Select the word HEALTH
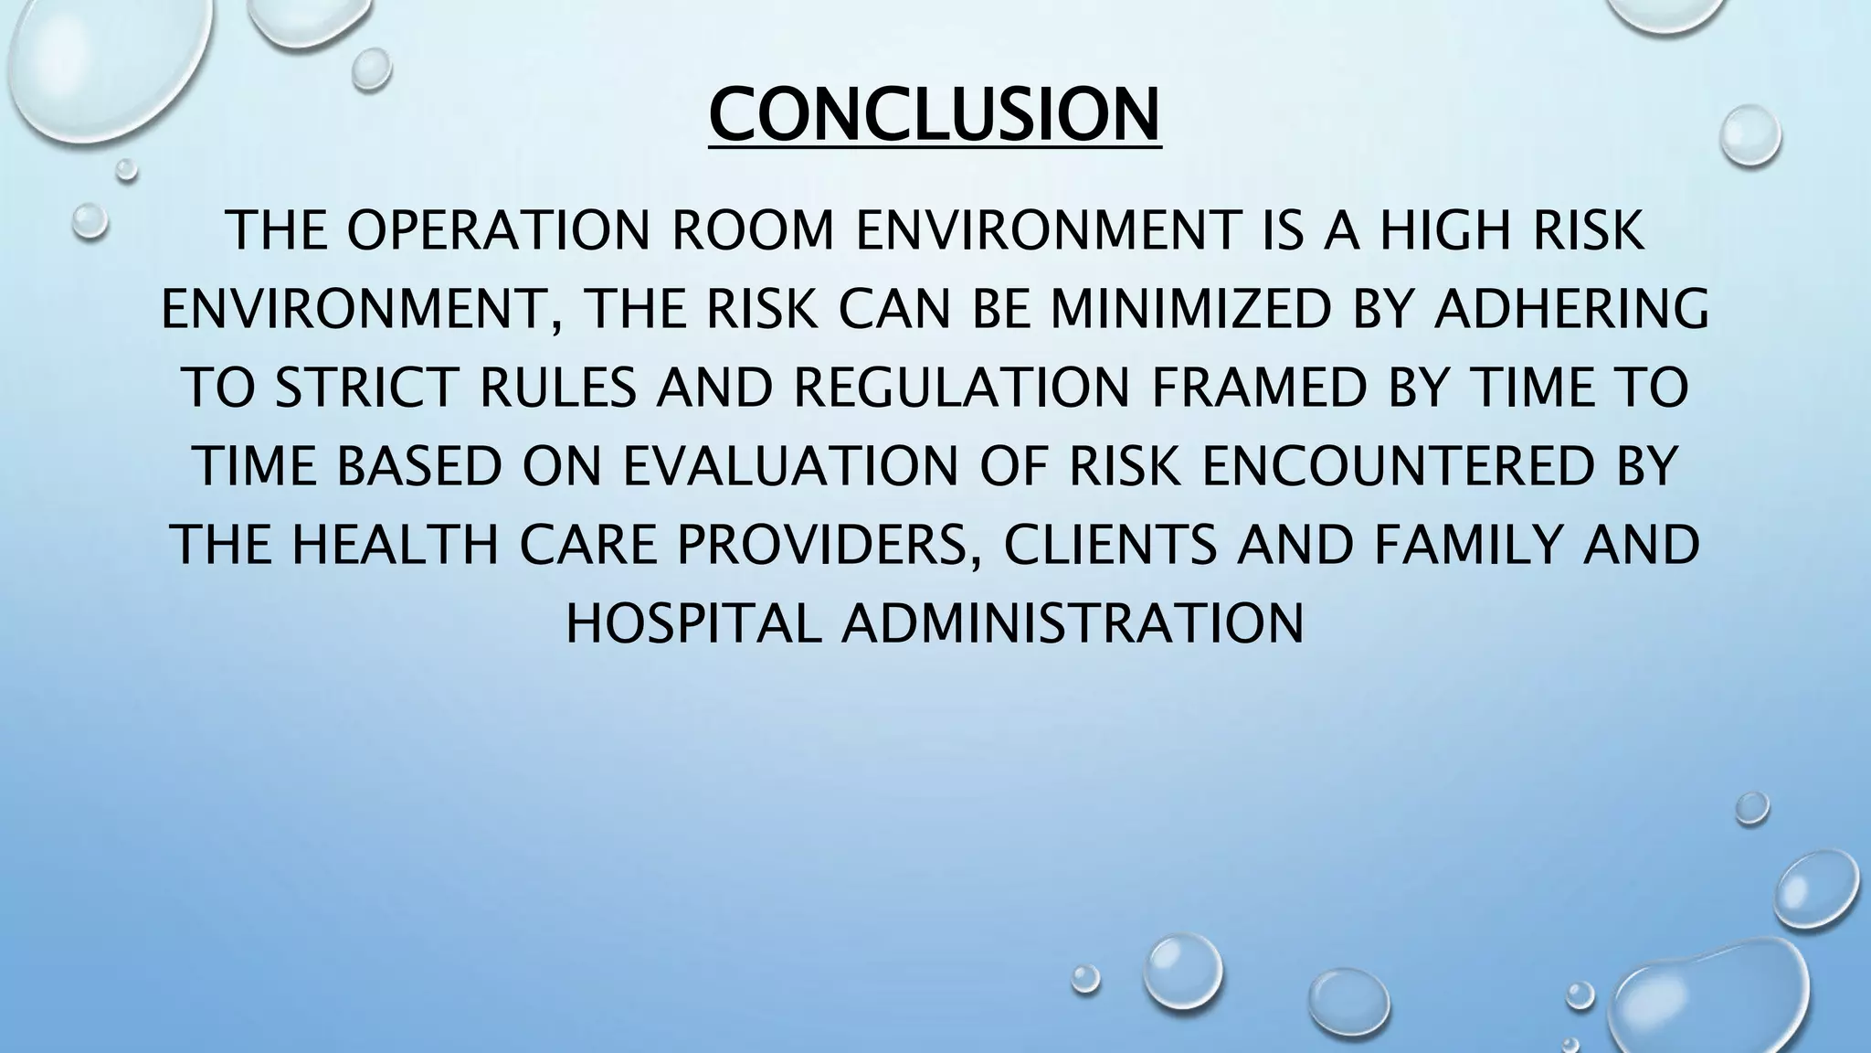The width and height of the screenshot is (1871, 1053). coord(396,545)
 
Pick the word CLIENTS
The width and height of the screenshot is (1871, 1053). coord(1110,545)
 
